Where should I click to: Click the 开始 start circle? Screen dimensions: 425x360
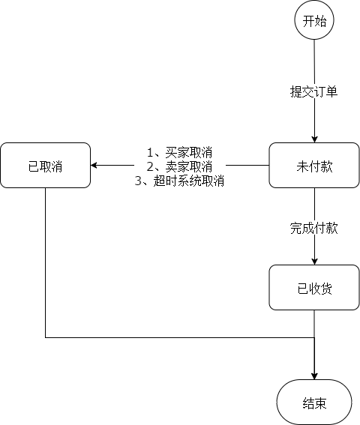(314, 22)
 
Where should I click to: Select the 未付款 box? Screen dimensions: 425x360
(314, 166)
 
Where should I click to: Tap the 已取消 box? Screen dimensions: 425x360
(45, 166)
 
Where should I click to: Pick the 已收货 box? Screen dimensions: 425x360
(314, 287)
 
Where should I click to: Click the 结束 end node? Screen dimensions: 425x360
(314, 403)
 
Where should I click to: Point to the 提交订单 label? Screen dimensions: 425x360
(314, 92)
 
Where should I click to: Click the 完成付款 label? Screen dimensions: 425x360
(314, 228)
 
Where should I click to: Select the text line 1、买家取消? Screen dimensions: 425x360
(179, 153)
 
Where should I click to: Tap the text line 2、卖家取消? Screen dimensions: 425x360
(179, 166)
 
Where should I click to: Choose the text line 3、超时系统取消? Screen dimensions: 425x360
(179, 180)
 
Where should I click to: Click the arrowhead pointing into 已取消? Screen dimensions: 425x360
(94, 166)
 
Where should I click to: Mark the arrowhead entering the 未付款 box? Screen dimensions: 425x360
(314, 139)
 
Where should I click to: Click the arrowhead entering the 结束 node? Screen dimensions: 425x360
(314, 376)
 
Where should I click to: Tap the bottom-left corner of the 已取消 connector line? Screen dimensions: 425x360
(46, 337)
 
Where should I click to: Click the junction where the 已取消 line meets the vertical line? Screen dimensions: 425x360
(314, 337)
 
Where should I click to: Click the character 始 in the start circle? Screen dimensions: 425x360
(320, 22)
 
